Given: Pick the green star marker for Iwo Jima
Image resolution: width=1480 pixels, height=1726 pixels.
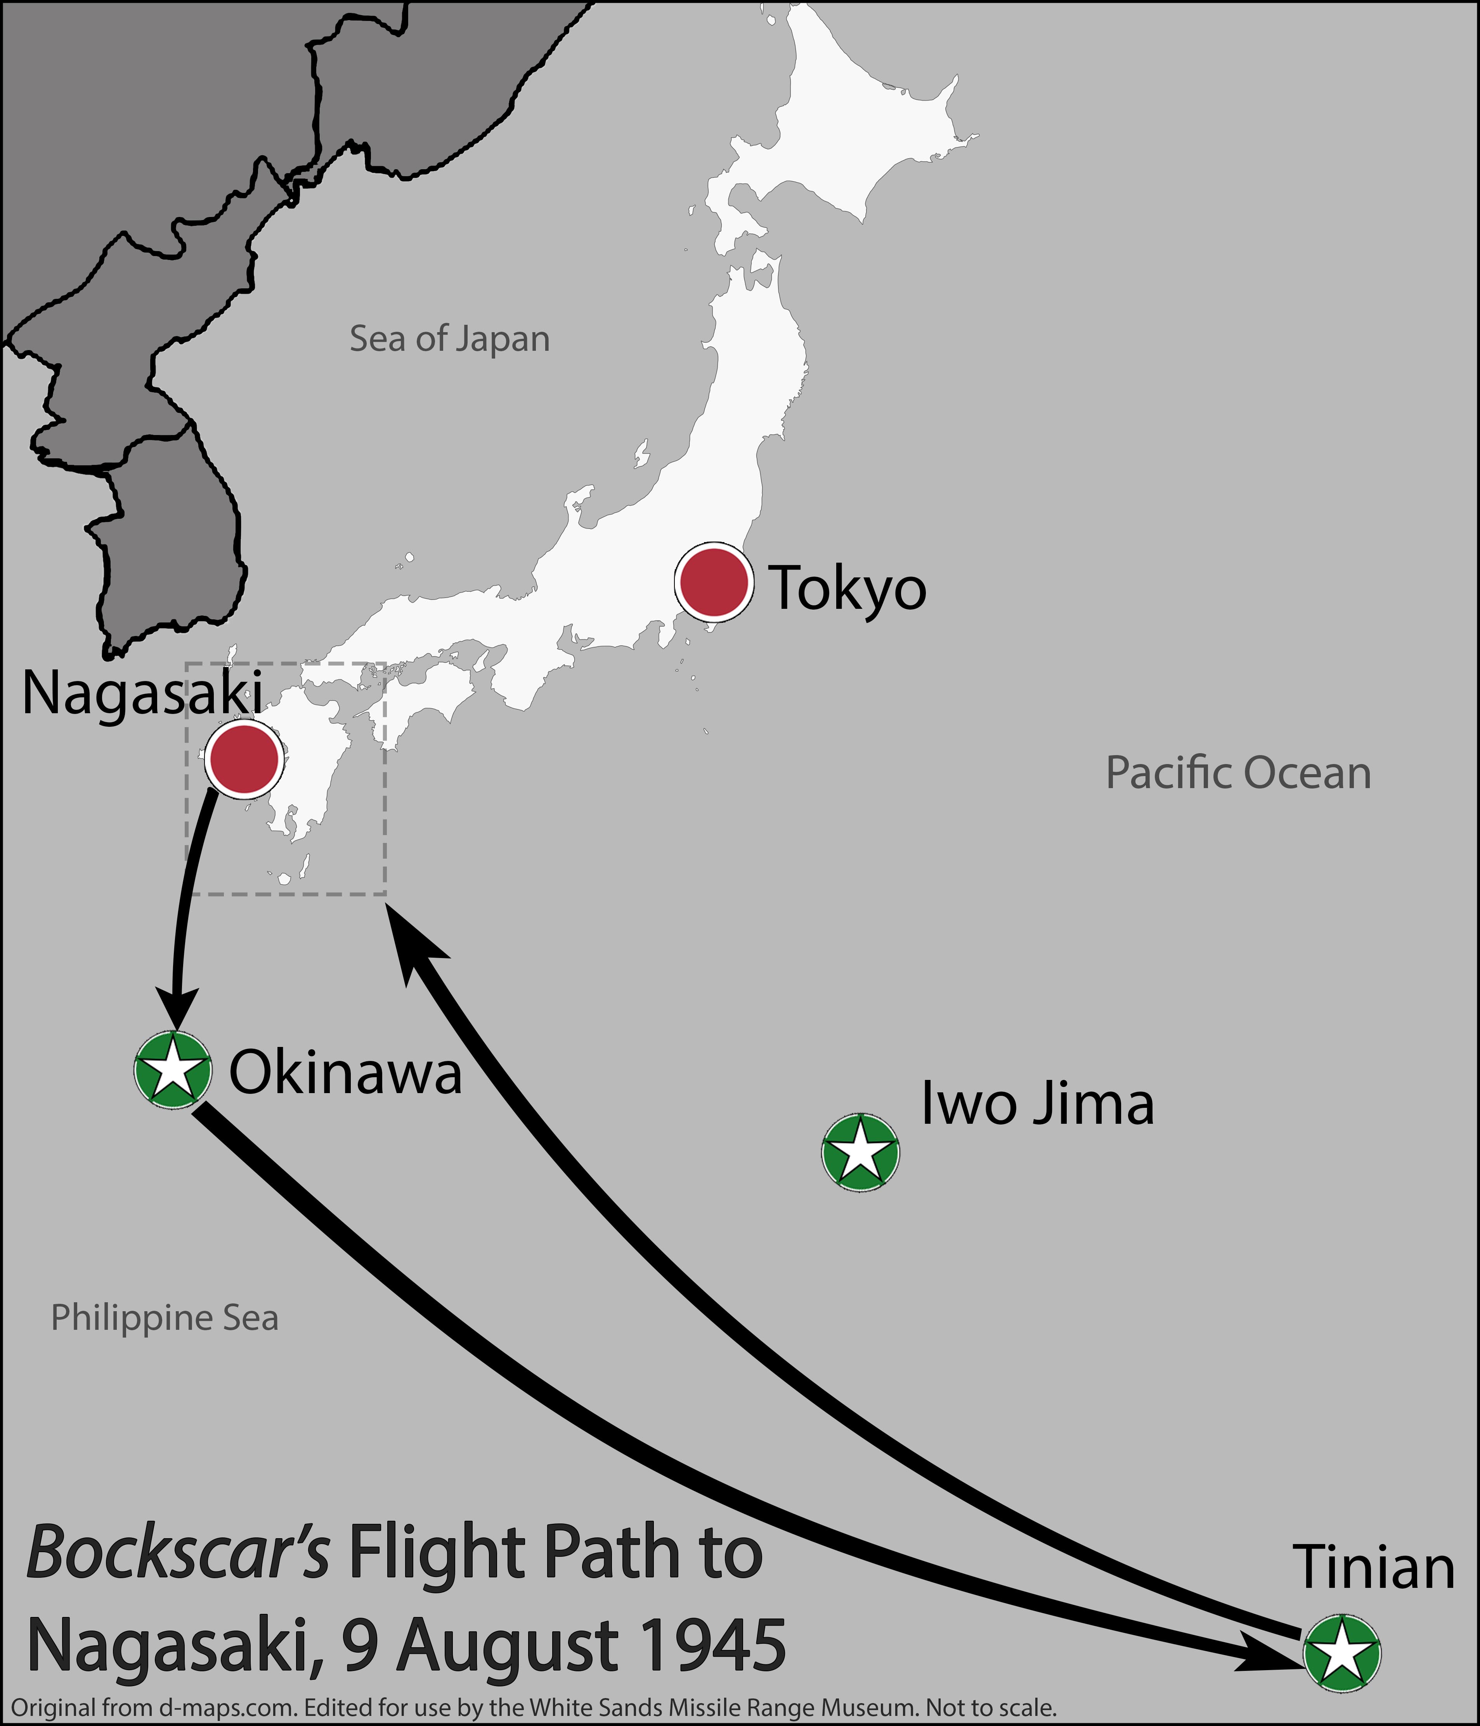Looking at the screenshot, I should pos(860,1153).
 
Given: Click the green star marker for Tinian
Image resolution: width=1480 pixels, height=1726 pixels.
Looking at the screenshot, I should pos(1342,1653).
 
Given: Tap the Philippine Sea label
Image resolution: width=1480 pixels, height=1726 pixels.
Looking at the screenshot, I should pos(164,1318).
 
